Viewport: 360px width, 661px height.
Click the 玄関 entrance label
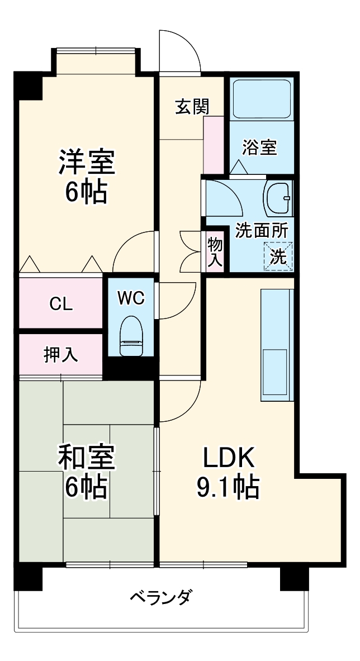click(x=192, y=106)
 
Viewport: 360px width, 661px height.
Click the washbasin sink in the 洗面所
click(x=278, y=198)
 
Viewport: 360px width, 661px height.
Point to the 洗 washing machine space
click(x=278, y=256)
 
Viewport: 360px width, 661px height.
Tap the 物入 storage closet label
click(x=215, y=251)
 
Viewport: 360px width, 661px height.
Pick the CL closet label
click(x=60, y=304)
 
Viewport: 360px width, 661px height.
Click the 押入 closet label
click(x=60, y=355)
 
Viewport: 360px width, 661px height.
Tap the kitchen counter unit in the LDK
click(x=277, y=345)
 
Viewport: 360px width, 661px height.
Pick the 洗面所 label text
click(x=261, y=230)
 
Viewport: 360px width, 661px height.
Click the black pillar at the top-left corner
click(x=29, y=85)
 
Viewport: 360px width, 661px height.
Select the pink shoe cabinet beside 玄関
click(x=213, y=145)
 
